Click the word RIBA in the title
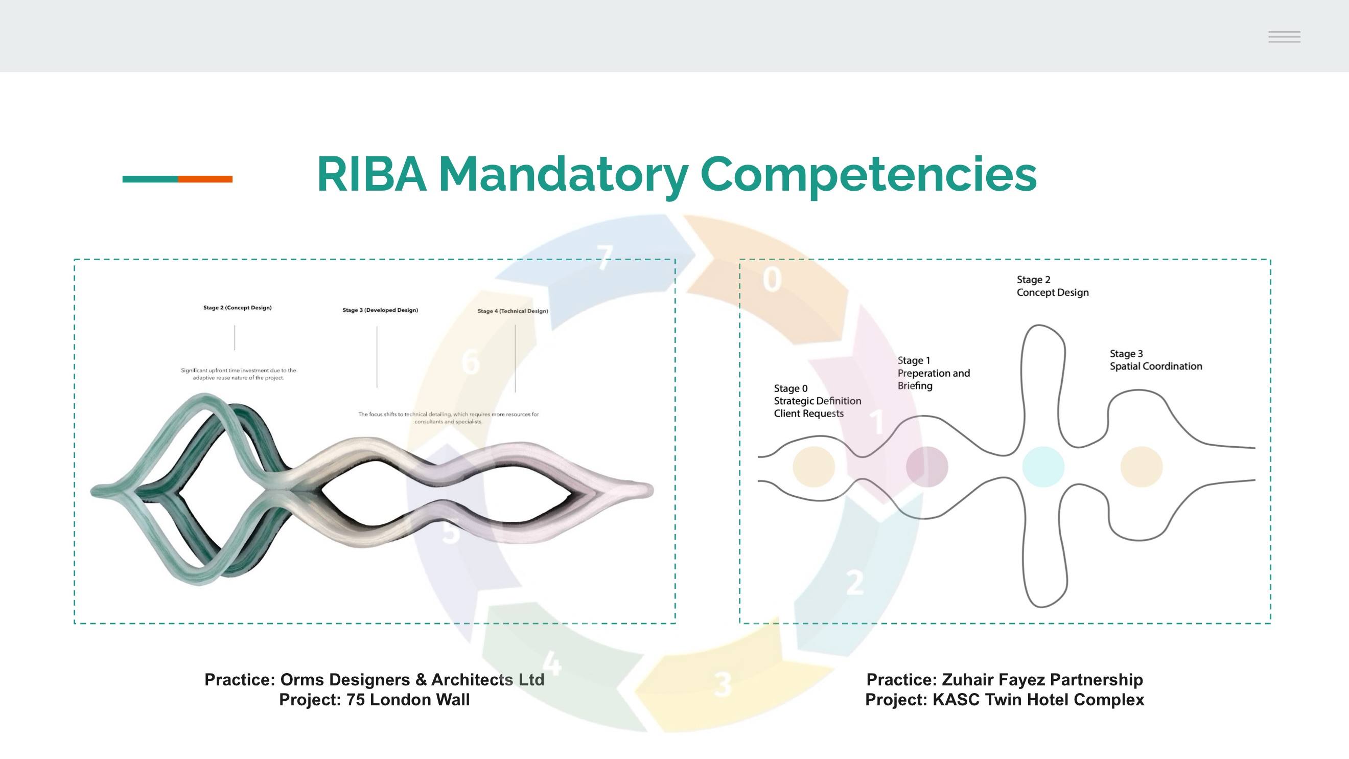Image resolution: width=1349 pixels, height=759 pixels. pyautogui.click(x=371, y=174)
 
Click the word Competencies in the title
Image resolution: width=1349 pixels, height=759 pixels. pyautogui.click(x=868, y=176)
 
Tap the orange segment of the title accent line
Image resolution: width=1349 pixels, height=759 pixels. pyautogui.click(x=205, y=179)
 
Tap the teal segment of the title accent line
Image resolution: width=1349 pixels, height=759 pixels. pyautogui.click(x=150, y=179)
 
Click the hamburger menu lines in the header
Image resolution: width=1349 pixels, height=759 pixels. pyautogui.click(x=1284, y=37)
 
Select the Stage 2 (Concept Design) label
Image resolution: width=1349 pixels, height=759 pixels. pyautogui.click(x=238, y=308)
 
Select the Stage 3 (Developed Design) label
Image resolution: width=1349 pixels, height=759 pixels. pyautogui.click(x=380, y=310)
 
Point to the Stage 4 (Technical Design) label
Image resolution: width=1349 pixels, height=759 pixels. pyautogui.click(x=513, y=311)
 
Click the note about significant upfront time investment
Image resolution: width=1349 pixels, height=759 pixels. pyautogui.click(x=238, y=374)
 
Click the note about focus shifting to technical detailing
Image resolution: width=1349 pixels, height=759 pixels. pyautogui.click(x=448, y=418)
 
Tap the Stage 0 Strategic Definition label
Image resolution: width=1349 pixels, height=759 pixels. pyautogui.click(x=818, y=401)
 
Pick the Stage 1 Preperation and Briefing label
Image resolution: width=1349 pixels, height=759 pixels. pyautogui.click(x=934, y=373)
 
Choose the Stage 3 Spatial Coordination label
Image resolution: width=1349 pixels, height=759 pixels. pyautogui.click(x=1156, y=360)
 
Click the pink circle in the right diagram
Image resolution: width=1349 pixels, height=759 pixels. pyautogui.click(x=927, y=467)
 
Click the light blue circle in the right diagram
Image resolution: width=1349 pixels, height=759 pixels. pyautogui.click(x=1043, y=467)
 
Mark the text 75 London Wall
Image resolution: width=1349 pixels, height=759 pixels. pyautogui.click(x=408, y=700)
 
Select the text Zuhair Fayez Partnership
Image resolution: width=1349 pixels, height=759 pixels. pyautogui.click(x=1042, y=680)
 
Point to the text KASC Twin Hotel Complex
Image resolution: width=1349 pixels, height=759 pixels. pyautogui.click(x=1038, y=700)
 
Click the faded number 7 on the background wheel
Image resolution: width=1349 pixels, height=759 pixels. pyautogui.click(x=605, y=257)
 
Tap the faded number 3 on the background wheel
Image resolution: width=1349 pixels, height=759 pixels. pyautogui.click(x=723, y=684)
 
